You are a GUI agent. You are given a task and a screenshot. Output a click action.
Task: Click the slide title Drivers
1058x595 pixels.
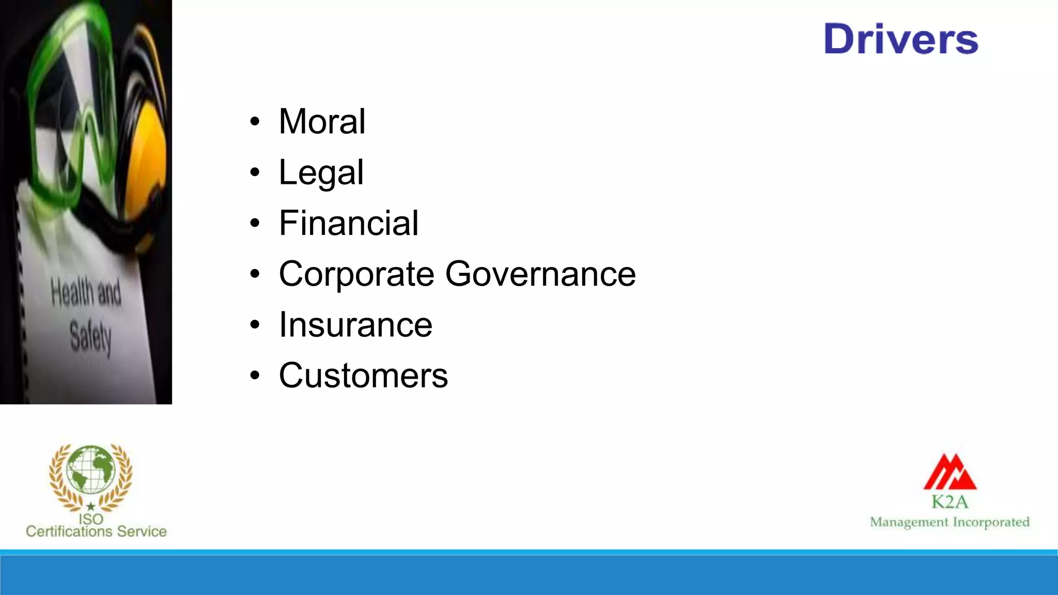pos(901,39)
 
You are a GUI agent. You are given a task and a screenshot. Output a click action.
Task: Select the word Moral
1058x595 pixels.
pos(322,122)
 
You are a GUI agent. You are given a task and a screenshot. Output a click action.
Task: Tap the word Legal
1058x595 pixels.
pos(321,173)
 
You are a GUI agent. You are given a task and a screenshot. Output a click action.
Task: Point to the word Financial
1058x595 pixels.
pos(349,223)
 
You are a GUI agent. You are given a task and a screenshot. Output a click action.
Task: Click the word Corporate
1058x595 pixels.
pos(356,274)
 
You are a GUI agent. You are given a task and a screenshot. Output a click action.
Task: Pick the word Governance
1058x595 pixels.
pos(540,274)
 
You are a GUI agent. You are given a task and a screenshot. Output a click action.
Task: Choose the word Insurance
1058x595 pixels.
pos(355,325)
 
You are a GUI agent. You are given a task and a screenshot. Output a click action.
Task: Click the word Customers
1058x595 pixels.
pos(363,375)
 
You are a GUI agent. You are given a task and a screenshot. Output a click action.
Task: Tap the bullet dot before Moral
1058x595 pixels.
pos(255,122)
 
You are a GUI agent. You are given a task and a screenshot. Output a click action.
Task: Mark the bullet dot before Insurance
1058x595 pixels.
pos(255,325)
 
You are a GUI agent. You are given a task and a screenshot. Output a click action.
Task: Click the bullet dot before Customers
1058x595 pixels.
pos(255,376)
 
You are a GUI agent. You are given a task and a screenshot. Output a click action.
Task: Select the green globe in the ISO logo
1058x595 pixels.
pos(91,469)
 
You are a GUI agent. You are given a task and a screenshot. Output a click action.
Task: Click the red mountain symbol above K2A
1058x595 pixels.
pos(950,472)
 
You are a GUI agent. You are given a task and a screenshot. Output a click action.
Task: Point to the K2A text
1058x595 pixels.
pos(950,502)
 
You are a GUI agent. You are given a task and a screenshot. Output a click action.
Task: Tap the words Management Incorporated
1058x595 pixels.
pos(950,522)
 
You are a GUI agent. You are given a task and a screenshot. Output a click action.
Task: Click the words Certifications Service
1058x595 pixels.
pos(96,531)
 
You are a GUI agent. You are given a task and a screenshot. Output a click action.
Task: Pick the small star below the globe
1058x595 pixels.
pos(91,506)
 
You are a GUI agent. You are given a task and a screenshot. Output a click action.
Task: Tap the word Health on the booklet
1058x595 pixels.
pos(72,292)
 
